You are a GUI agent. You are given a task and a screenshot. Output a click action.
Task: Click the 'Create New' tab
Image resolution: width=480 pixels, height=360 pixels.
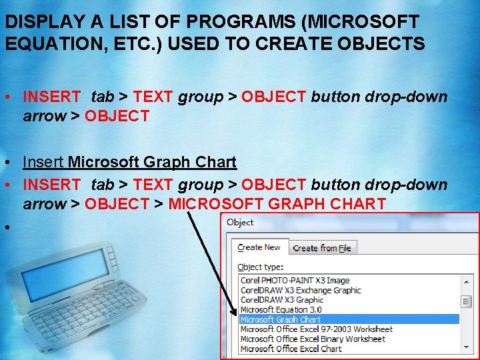pyautogui.click(x=259, y=247)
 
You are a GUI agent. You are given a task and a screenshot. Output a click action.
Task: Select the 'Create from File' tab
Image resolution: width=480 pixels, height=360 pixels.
pyautogui.click(x=322, y=248)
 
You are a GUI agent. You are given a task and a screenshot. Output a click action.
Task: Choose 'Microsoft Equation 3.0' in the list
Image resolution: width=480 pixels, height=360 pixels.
pyautogui.click(x=281, y=309)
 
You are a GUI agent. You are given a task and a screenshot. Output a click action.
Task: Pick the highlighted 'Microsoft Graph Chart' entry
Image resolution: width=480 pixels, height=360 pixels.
pyautogui.click(x=281, y=319)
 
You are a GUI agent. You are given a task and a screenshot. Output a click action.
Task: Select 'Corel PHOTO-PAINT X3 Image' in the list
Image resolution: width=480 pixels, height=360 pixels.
pyautogui.click(x=295, y=281)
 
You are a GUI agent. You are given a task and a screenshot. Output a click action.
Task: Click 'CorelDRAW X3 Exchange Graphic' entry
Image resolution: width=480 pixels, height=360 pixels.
pyautogui.click(x=301, y=290)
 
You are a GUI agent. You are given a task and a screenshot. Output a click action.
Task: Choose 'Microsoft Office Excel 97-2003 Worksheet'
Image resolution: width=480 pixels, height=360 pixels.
pyautogui.click(x=316, y=329)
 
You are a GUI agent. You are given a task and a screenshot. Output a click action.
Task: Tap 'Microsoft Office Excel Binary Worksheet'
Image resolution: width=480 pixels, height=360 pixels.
pyautogui.click(x=312, y=339)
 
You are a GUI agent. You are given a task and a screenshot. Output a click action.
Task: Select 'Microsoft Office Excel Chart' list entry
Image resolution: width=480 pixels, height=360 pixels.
pyautogui.click(x=291, y=348)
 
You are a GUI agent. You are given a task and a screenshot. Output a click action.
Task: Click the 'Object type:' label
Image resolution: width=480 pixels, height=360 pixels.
pyautogui.click(x=260, y=267)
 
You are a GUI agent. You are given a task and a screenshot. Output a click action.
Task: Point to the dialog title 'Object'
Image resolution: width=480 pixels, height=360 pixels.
pyautogui.click(x=240, y=223)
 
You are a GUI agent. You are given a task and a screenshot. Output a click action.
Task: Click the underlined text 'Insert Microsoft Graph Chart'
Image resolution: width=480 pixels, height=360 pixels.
pyautogui.click(x=129, y=162)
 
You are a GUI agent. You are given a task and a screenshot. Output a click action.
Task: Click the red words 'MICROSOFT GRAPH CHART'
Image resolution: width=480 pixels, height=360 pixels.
pyautogui.click(x=277, y=204)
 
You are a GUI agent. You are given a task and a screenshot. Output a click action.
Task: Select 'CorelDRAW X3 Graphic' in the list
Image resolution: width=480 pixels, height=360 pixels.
pyautogui.click(x=281, y=300)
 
